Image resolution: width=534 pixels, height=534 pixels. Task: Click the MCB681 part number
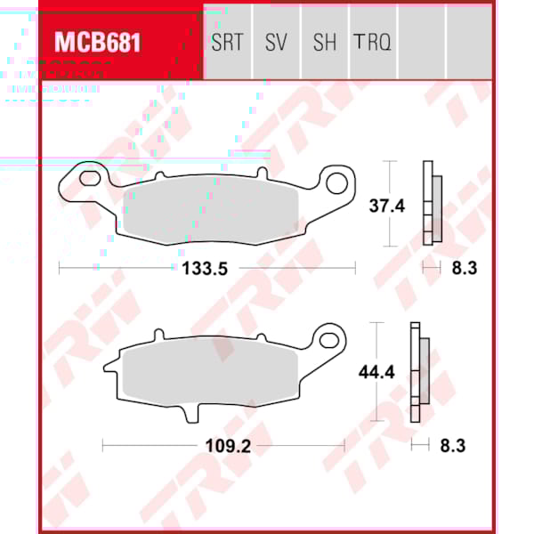click(x=97, y=42)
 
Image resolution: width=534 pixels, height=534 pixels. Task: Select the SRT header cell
click(x=227, y=42)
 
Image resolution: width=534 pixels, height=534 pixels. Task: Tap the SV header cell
click(x=276, y=42)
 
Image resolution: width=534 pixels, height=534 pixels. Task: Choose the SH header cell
click(x=324, y=42)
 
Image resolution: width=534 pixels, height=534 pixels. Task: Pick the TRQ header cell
click(x=372, y=42)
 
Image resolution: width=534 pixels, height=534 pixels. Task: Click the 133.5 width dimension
click(x=206, y=268)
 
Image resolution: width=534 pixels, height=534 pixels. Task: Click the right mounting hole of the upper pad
click(x=337, y=184)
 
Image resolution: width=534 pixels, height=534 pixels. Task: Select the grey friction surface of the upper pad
click(x=212, y=208)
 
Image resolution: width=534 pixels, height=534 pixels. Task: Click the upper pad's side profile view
click(x=431, y=205)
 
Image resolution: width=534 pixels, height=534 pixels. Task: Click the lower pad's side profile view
click(x=418, y=371)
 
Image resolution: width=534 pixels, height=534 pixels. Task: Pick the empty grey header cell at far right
click(x=468, y=42)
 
